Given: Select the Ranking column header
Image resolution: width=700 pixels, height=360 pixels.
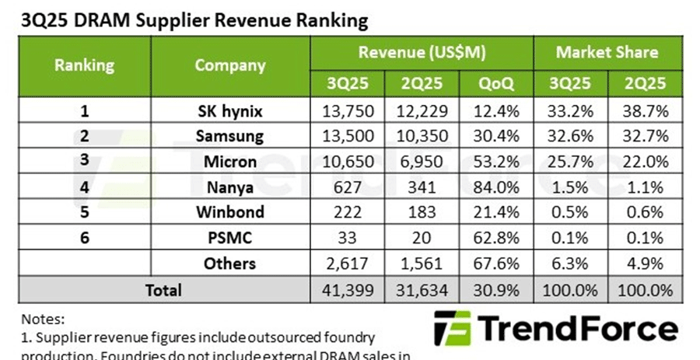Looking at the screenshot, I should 84,65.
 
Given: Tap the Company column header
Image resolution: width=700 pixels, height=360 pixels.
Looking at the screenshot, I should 230,65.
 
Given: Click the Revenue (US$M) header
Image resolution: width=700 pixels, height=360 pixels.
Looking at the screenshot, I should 422,53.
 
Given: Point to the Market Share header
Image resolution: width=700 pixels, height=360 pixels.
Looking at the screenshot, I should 607,53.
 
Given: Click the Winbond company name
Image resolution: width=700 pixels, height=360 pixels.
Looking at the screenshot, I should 230,212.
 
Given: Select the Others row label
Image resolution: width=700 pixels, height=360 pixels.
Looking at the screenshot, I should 230,264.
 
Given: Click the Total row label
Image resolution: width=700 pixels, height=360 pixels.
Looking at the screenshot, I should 163,290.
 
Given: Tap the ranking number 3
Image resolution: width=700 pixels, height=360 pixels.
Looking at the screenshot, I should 84,162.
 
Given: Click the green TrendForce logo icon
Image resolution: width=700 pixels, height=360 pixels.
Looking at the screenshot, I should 452,328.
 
